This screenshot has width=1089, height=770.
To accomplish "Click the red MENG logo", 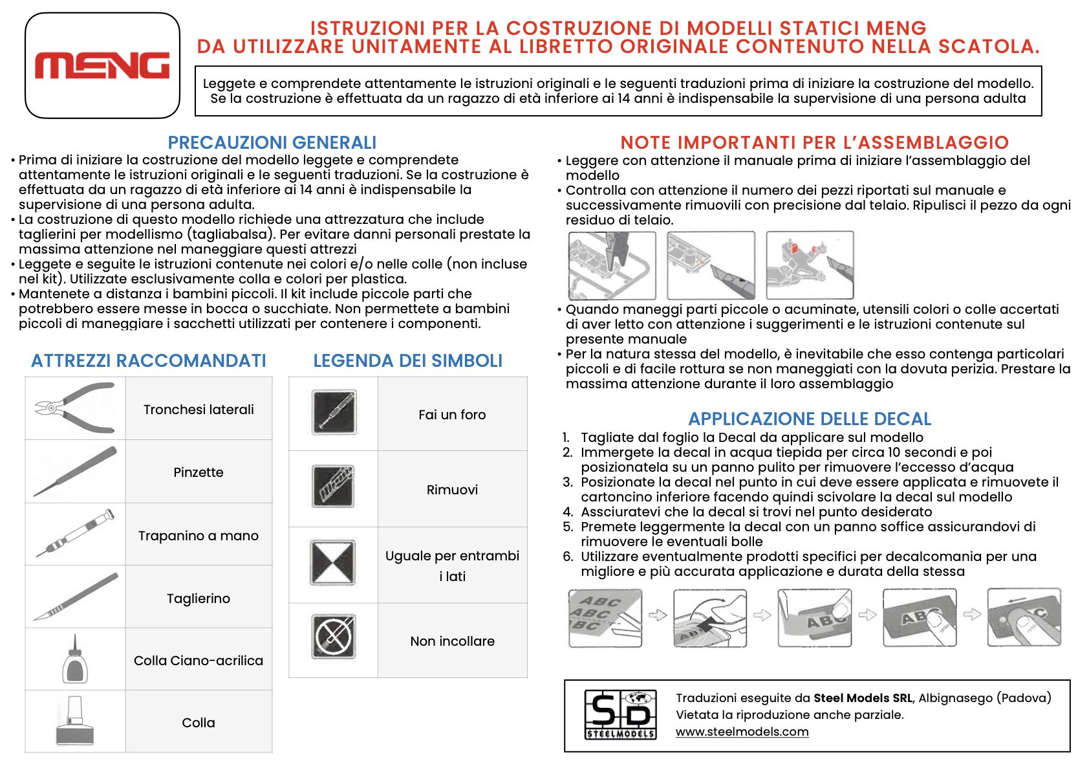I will pos(102,66).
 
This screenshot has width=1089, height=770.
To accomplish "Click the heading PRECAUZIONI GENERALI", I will pos(272,142).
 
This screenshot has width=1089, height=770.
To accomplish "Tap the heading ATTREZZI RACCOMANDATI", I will pos(149,360).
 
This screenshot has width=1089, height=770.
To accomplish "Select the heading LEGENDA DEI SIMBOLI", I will pos(407,360).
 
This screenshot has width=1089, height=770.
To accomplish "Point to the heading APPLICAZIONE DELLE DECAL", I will pos(810,419).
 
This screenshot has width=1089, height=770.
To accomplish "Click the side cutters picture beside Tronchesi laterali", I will pos(75,408).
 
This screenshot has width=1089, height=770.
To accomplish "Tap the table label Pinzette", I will pos(199,472).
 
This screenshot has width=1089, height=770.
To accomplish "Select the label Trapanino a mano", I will pos(199,536).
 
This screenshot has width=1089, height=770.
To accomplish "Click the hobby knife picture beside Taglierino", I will pos(75,597).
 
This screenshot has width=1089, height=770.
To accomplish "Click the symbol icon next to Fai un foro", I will pos(334,412).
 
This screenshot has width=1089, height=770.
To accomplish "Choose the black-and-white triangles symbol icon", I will pos(334,563).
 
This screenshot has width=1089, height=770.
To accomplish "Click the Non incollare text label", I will pos(452,641).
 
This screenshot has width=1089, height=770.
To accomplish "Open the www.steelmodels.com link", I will pos(742,732).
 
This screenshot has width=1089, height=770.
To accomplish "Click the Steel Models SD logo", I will pos(620,715).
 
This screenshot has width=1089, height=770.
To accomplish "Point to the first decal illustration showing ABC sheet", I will pos(605,618).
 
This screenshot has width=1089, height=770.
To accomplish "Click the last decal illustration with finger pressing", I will pos(1024,618).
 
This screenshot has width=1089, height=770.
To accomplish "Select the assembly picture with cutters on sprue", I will pos(612,265).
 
